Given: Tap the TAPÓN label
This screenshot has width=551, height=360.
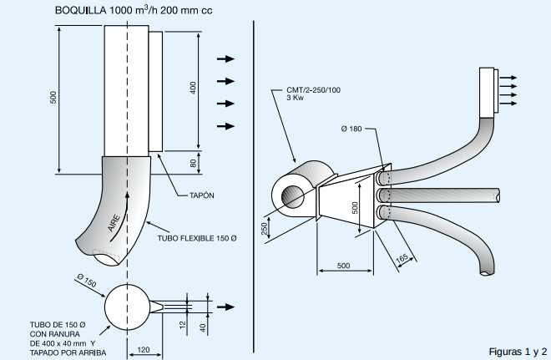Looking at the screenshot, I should tap(197, 195).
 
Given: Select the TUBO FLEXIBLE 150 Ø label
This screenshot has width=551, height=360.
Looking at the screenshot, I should tap(197, 238).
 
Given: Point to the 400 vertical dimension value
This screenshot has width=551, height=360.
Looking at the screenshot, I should tap(193, 88).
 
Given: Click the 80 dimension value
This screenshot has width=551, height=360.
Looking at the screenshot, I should tap(193, 163).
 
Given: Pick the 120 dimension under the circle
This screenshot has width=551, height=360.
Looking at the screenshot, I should tap(143, 349).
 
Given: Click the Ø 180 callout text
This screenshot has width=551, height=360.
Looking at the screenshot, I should tap(352, 128).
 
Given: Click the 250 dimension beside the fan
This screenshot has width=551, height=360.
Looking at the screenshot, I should tap(265, 228).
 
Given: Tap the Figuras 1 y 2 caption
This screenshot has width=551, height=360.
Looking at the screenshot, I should tap(518, 351).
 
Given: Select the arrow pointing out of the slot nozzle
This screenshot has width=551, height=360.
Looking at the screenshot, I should tap(225, 307).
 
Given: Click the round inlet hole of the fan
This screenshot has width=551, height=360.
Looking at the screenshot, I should tap(293, 196).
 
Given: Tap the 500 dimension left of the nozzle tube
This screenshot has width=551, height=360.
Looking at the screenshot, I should tap(53, 98).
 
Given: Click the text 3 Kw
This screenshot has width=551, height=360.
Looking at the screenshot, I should tap(294, 98).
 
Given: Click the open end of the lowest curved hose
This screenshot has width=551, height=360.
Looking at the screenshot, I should tap(485, 271).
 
